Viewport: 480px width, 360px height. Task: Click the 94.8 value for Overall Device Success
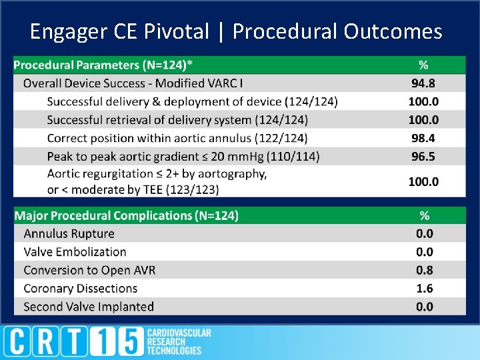(x=423, y=83)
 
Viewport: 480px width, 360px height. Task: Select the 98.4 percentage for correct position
(x=423, y=138)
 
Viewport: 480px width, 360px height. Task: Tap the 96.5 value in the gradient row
(x=423, y=156)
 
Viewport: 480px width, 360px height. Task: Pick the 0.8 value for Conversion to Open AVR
(x=424, y=270)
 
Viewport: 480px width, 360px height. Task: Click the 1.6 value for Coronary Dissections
(x=424, y=288)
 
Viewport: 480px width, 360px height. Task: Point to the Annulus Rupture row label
(x=69, y=234)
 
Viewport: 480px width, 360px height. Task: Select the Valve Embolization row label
(x=75, y=252)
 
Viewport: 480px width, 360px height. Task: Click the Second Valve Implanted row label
(x=88, y=307)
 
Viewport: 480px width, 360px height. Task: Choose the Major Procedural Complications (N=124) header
(x=126, y=216)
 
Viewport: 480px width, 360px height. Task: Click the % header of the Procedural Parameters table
(x=423, y=65)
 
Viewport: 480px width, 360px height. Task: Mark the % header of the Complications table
(x=424, y=216)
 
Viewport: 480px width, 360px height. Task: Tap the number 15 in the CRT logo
(x=119, y=342)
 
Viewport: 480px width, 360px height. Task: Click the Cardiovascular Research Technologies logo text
(x=178, y=341)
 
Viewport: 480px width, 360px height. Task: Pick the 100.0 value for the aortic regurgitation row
(x=423, y=181)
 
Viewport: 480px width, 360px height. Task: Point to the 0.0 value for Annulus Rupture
(x=424, y=234)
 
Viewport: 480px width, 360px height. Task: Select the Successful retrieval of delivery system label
(x=177, y=120)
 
